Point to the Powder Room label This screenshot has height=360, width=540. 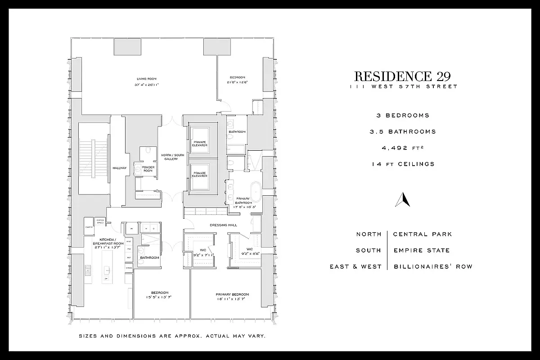pyautogui.click(x=148, y=169)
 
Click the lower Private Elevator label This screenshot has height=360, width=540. pyautogui.click(x=200, y=175)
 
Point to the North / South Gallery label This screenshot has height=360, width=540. pyautogui.click(x=170, y=157)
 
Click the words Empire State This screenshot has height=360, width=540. pyautogui.click(x=421, y=250)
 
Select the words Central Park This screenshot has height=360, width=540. pyautogui.click(x=422, y=234)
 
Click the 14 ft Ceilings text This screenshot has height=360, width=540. pyautogui.click(x=403, y=164)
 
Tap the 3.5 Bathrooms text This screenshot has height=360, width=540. pyautogui.click(x=403, y=131)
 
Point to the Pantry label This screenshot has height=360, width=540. pyautogui.click(x=89, y=227)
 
